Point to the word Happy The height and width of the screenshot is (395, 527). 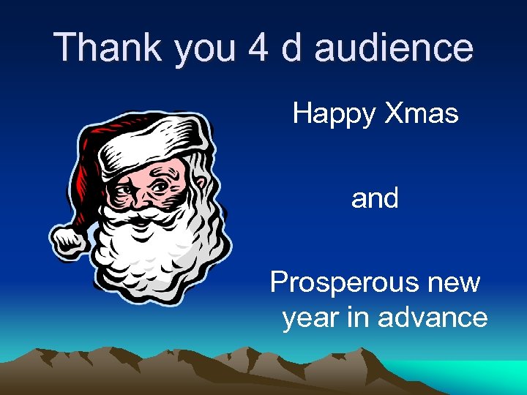(332, 115)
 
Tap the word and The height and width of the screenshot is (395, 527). (375, 198)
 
